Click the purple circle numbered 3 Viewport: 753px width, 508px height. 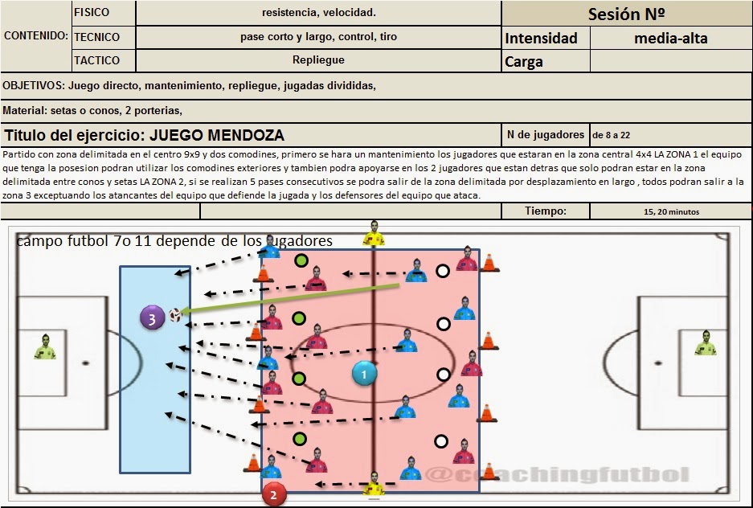point(151,317)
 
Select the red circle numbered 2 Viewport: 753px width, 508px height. point(273,495)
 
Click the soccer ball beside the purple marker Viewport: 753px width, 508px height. point(174,315)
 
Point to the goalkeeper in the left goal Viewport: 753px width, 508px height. point(45,346)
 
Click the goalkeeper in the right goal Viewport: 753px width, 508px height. point(705,343)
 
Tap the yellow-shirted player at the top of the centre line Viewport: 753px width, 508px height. point(373,234)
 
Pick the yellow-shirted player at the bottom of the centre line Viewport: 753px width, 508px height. point(373,485)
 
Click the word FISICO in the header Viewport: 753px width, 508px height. point(92,13)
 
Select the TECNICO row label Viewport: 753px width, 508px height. point(96,37)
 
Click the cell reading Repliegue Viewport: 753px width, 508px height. point(318,60)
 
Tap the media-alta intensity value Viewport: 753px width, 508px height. point(670,38)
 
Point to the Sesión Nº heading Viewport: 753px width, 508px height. point(626,14)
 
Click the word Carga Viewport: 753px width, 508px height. point(524,62)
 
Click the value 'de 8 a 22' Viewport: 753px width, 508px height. point(616,135)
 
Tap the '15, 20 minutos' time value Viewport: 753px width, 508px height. point(671,212)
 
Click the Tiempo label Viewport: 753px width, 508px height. point(546,211)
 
